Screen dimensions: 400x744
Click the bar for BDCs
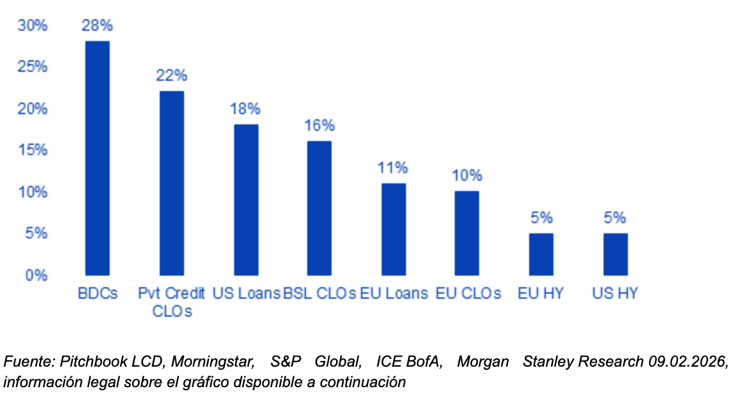pos(97,158)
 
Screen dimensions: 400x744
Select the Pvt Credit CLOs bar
pos(172,183)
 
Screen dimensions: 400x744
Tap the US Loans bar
pos(246,200)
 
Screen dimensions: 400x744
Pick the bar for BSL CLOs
pos(319,208)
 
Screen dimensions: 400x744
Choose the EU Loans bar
pos(393,229)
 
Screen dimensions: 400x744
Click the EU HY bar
pos(541,254)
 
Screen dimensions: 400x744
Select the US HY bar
pos(615,254)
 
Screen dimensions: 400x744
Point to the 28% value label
pos(97,26)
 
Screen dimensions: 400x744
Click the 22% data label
pos(172,75)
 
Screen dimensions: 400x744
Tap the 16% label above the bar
pos(319,126)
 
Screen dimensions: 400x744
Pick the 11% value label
pos(393,168)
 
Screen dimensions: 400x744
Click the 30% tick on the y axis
pos(33,26)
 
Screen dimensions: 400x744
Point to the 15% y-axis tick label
pos(33,151)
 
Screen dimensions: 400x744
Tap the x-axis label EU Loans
pos(393,294)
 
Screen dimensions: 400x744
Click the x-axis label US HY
pos(615,294)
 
